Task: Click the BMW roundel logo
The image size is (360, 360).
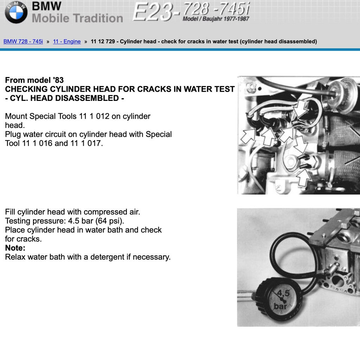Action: point(16,12)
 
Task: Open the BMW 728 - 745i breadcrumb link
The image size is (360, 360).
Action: point(23,41)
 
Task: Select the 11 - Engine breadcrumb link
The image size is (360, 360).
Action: point(67,41)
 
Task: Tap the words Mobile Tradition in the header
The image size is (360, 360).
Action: point(77,18)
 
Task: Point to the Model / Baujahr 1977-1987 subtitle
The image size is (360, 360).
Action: point(216,19)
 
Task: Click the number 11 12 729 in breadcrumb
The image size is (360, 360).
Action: point(103,41)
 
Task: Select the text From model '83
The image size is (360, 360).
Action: point(34,80)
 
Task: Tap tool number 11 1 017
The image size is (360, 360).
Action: point(86,143)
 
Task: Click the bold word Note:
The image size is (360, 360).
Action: point(15,248)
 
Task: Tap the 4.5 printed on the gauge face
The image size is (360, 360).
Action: point(283,293)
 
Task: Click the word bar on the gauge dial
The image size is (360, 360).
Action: point(280,306)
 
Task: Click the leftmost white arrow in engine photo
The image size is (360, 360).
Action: point(248,136)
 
